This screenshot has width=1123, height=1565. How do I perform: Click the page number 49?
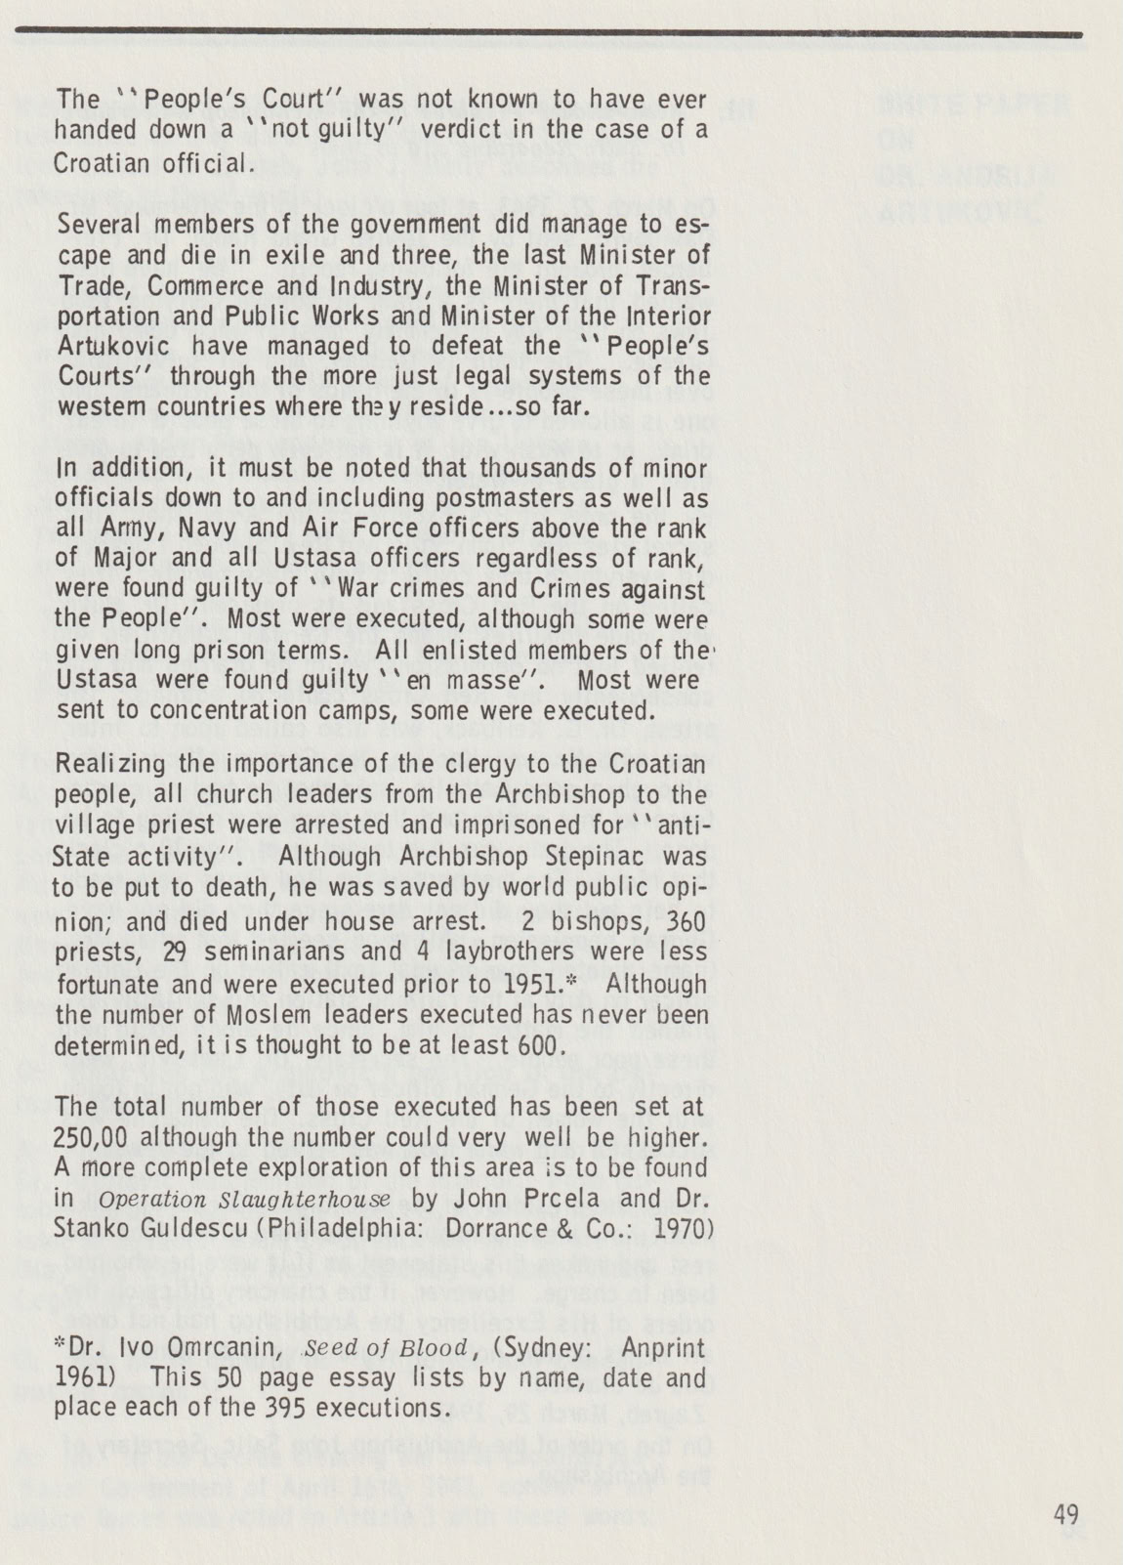coord(1066,1515)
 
